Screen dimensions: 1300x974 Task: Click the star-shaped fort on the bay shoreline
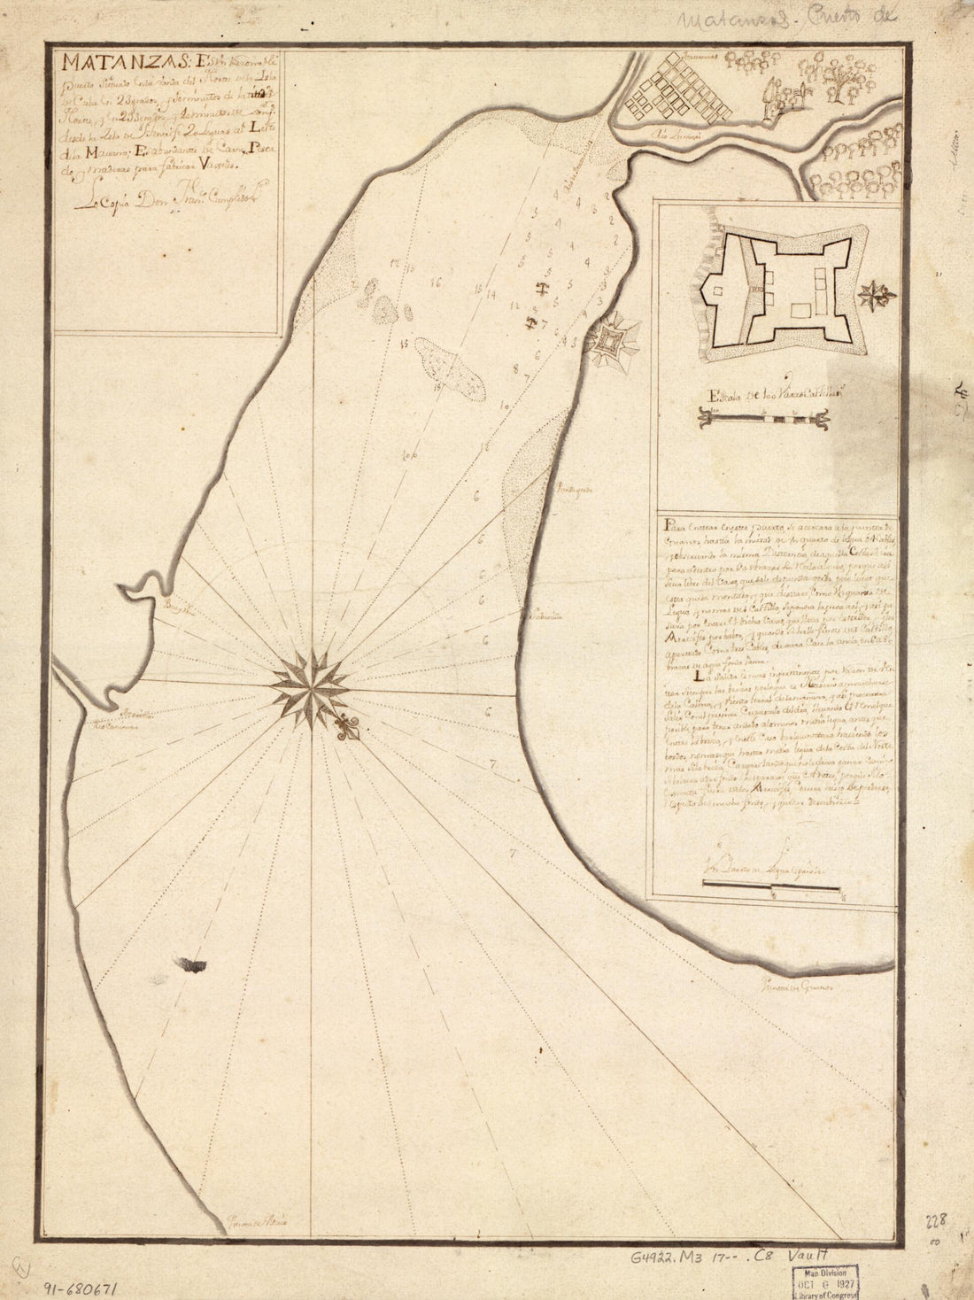609,340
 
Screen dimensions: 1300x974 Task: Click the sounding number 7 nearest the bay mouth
513,855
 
